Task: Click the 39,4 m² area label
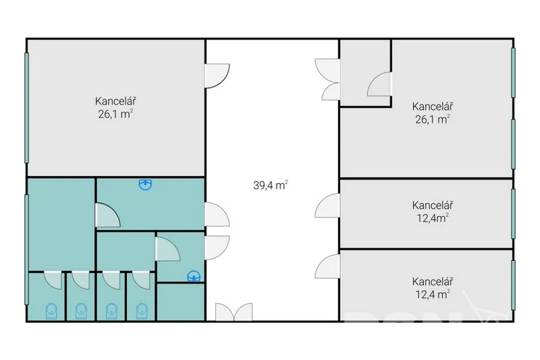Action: pyautogui.click(x=270, y=185)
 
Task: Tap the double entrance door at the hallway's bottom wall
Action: pyautogui.click(x=234, y=312)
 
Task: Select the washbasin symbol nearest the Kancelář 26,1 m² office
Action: pyautogui.click(x=145, y=185)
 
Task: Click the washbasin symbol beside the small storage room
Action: pyautogui.click(x=194, y=276)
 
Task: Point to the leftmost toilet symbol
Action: pyautogui.click(x=51, y=311)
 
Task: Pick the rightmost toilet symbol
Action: pyautogui.click(x=142, y=311)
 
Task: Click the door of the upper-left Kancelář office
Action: pyautogui.click(x=217, y=76)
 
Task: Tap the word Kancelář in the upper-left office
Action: pyautogui.click(x=115, y=102)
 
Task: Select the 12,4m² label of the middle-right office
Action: pyautogui.click(x=433, y=218)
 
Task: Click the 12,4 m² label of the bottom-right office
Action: pyautogui.click(x=433, y=294)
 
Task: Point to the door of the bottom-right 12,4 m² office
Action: pyautogui.click(x=328, y=267)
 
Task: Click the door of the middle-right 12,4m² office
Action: pyautogui.click(x=328, y=205)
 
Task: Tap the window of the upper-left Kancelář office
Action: pyautogui.click(x=26, y=107)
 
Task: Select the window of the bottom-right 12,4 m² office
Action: pyautogui.click(x=513, y=286)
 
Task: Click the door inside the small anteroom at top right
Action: pyautogui.click(x=379, y=84)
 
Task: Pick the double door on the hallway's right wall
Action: pyautogui.click(x=328, y=80)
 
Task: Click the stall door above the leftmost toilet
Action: pyautogui.click(x=53, y=280)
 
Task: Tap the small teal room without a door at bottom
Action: pyautogui.click(x=181, y=302)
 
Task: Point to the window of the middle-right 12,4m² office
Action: pyautogui.click(x=513, y=213)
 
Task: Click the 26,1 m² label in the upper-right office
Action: pyautogui.click(x=433, y=119)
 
